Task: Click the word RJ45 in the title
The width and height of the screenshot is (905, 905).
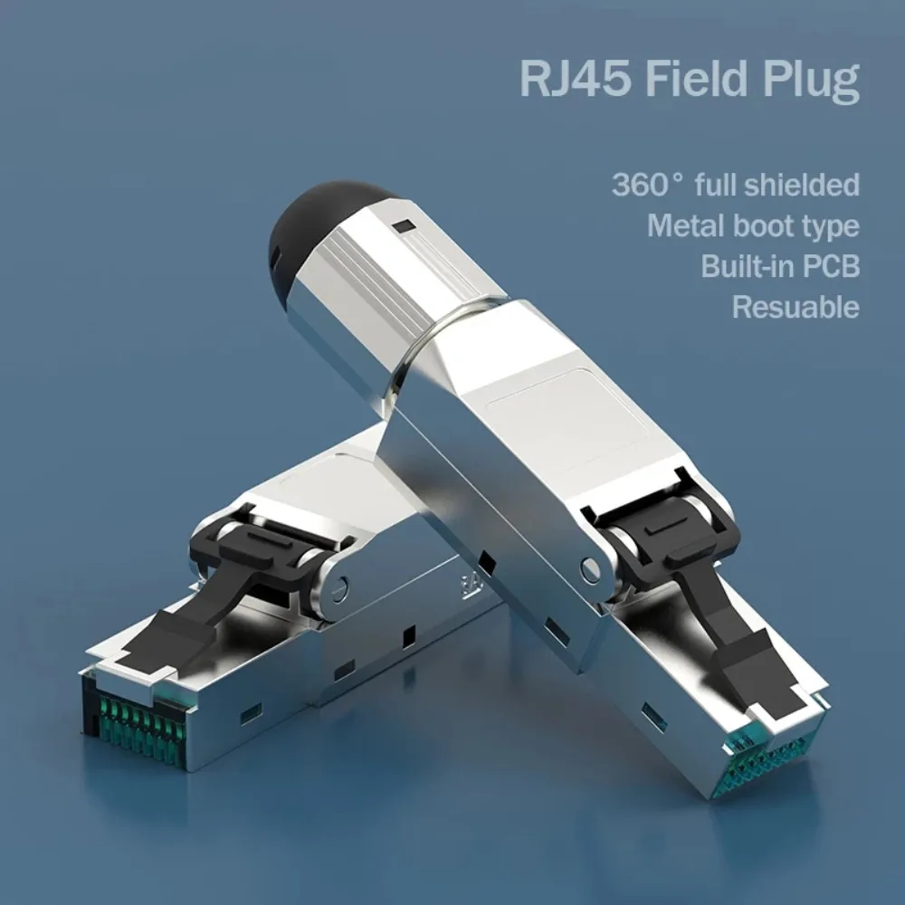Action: click(x=576, y=78)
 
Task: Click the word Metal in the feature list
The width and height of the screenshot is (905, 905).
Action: click(x=685, y=225)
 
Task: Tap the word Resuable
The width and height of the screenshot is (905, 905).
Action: click(x=795, y=307)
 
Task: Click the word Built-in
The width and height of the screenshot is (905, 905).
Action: click(x=748, y=266)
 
